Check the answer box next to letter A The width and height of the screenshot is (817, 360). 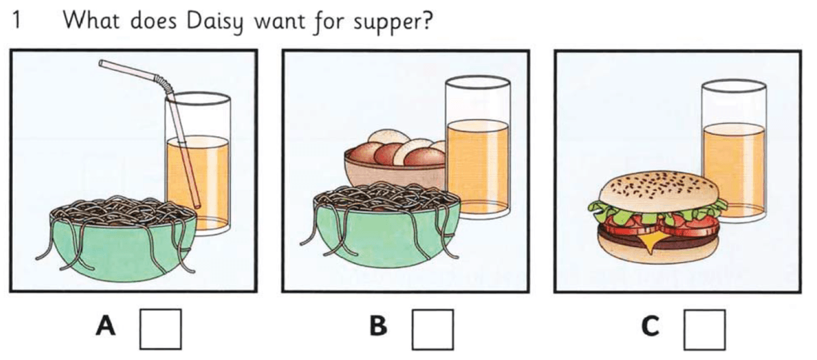(x=161, y=329)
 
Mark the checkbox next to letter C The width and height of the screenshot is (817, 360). (x=704, y=329)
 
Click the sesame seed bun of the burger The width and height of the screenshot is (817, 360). (x=657, y=187)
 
